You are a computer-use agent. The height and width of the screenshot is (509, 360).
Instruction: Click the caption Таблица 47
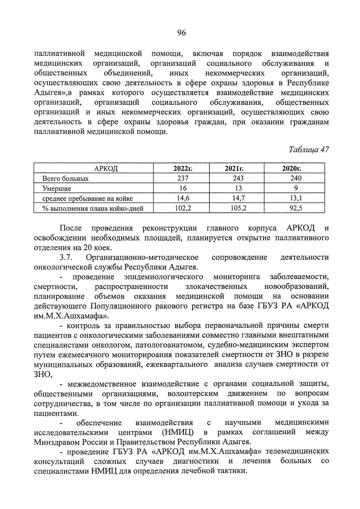[309, 150]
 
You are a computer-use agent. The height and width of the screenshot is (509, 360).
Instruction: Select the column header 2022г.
[182, 168]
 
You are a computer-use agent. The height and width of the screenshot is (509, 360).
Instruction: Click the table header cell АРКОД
[106, 169]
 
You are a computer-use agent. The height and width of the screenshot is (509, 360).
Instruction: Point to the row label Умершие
[57, 188]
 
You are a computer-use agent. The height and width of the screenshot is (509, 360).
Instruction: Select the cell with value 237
[182, 178]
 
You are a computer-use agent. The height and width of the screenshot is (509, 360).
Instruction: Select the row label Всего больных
[65, 179]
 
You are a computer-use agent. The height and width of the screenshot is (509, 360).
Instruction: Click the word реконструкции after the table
[170, 228]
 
